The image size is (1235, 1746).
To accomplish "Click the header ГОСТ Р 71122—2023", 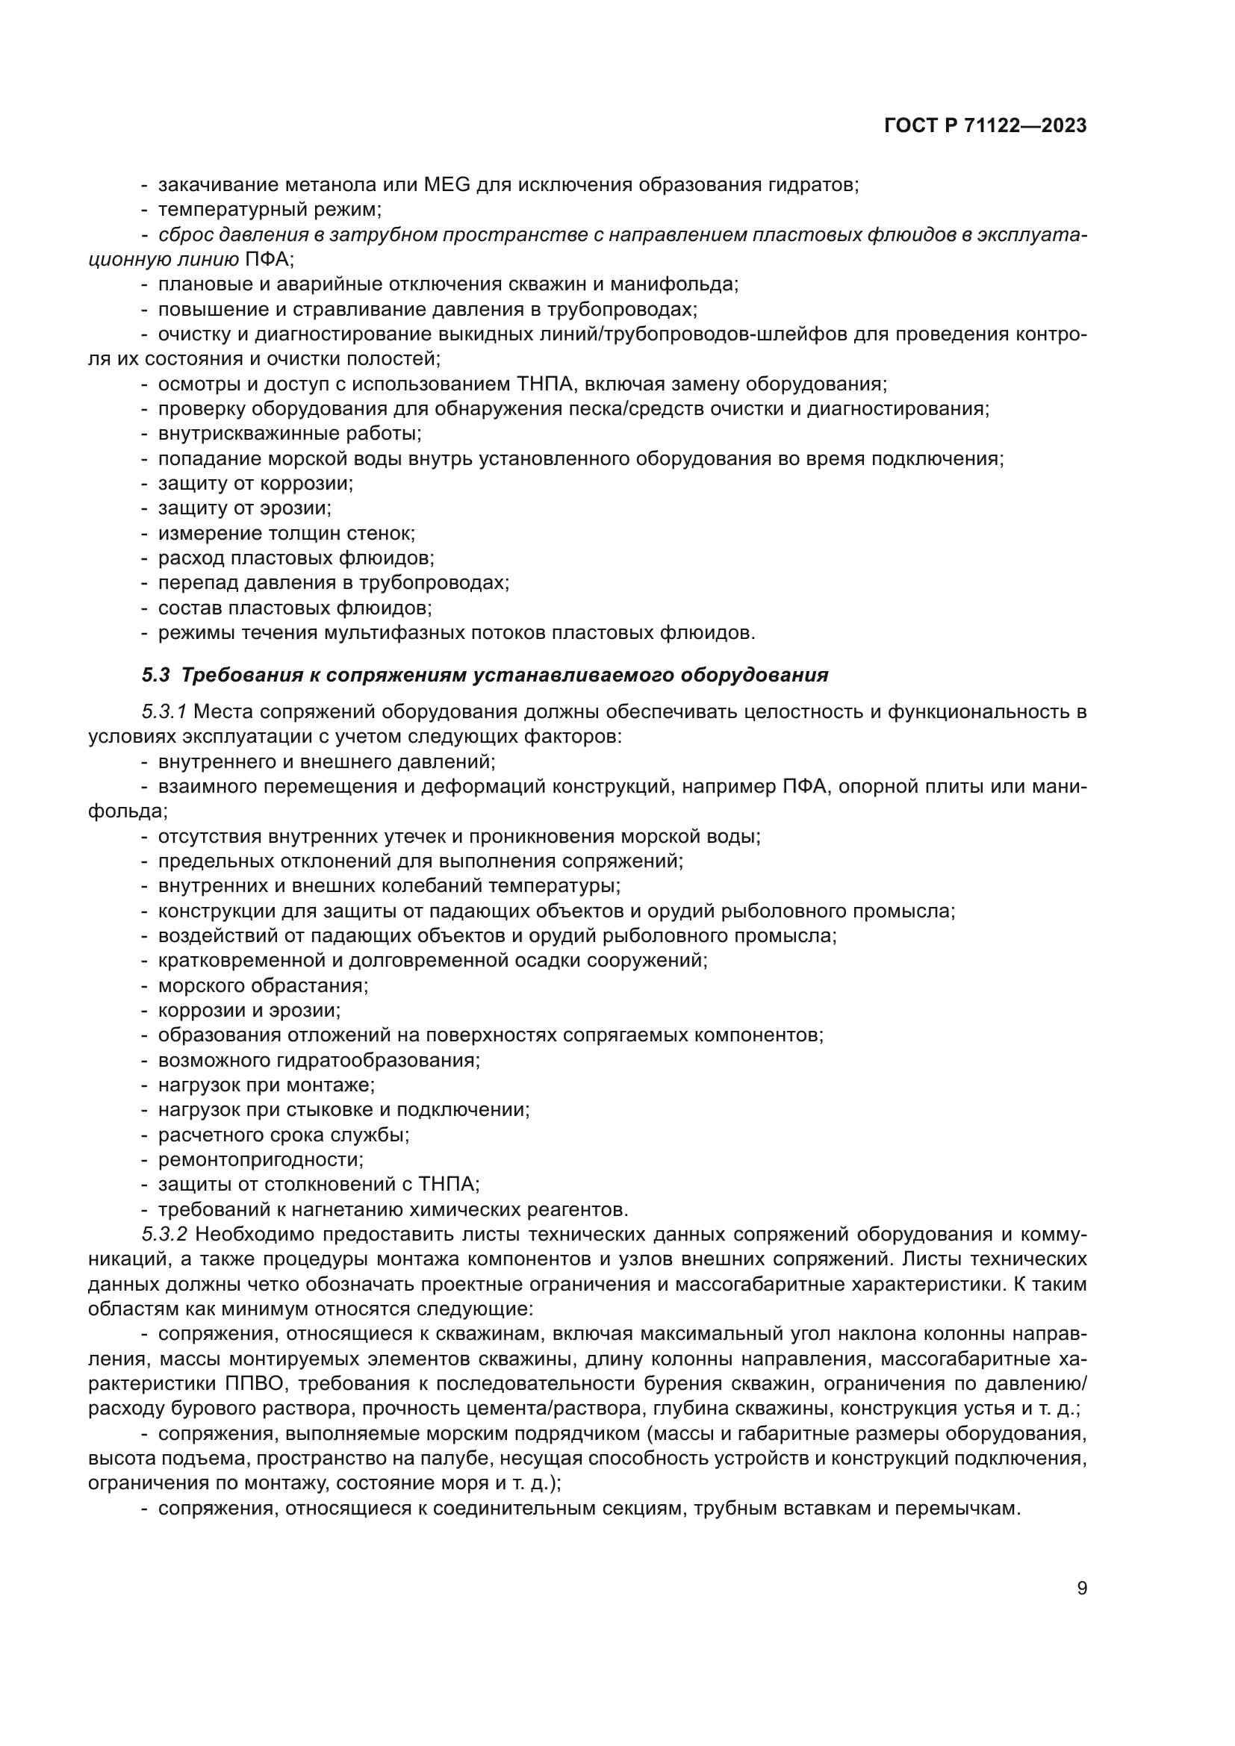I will click(x=985, y=126).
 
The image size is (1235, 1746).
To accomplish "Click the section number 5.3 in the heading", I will click(x=156, y=676).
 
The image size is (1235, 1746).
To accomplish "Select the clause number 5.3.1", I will click(x=164, y=712).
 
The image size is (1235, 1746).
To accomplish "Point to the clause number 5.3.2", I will click(x=164, y=1234).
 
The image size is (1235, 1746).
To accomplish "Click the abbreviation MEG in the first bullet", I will click(x=447, y=185).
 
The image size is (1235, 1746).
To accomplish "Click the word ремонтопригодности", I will click(x=261, y=1160).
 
